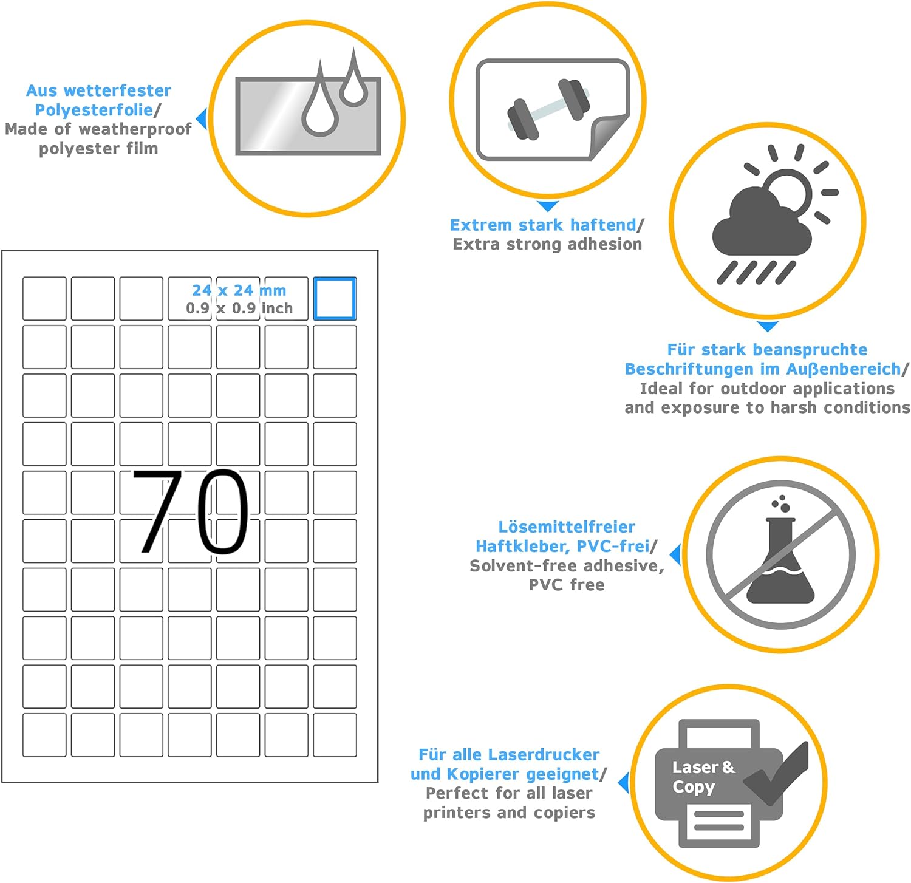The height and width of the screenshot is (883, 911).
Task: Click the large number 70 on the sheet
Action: (x=190, y=512)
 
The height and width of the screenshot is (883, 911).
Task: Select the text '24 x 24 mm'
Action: (x=239, y=290)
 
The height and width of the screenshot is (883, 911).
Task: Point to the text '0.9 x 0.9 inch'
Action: (x=239, y=309)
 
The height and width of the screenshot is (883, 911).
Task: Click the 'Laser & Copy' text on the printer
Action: (x=703, y=777)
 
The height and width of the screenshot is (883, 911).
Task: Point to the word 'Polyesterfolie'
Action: (x=94, y=110)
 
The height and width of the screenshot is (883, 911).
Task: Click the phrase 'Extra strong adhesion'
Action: (x=547, y=244)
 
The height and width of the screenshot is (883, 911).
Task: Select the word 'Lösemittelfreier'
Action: (x=567, y=527)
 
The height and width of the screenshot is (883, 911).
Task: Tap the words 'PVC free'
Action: (x=567, y=585)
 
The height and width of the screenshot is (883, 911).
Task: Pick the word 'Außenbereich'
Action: (x=844, y=369)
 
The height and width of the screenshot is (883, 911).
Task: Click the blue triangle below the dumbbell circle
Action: (x=548, y=206)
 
